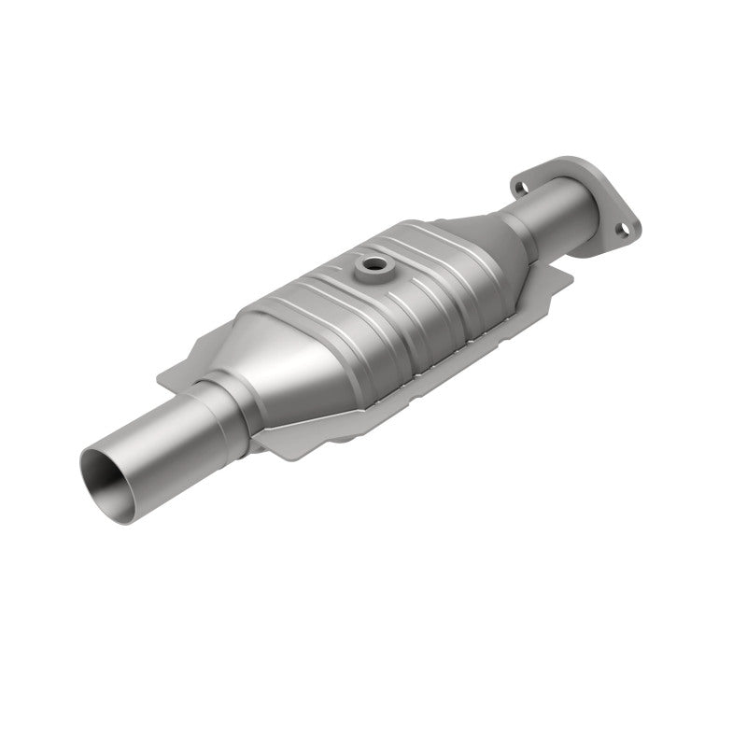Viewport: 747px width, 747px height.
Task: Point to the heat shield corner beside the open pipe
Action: tap(168, 373)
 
